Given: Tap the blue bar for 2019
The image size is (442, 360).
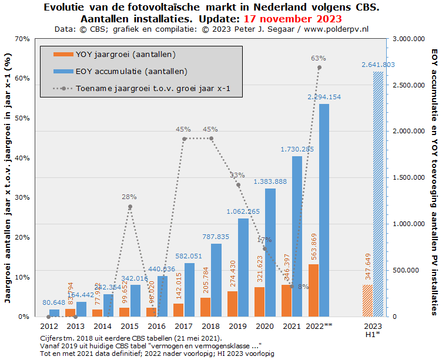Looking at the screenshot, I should (x=243, y=267).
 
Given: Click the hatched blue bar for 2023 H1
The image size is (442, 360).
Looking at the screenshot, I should (x=377, y=194).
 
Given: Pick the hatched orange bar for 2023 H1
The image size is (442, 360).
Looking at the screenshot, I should (x=367, y=301).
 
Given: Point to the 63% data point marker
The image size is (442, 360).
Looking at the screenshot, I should (x=319, y=68).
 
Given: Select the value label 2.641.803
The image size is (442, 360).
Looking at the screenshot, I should (x=378, y=65).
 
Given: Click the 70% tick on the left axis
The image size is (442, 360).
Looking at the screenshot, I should (x=22, y=39).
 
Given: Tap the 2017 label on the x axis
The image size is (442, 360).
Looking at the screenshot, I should (x=184, y=325).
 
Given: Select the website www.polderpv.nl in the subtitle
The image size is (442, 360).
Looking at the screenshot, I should (x=334, y=28).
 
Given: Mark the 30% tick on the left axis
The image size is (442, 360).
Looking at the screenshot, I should (x=22, y=197).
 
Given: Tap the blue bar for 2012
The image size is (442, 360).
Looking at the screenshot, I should (x=54, y=313).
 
